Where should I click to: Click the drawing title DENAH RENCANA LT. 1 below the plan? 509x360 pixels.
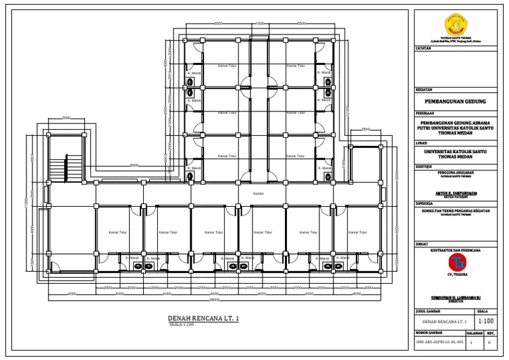(203, 319)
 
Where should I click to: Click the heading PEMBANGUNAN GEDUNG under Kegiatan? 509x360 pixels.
(455, 102)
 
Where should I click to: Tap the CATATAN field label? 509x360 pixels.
(424, 48)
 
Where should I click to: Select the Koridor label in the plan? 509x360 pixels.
(258, 194)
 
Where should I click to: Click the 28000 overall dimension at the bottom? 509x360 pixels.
(214, 300)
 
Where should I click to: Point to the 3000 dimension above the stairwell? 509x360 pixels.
(66, 118)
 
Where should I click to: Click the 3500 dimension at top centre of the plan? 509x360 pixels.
(259, 24)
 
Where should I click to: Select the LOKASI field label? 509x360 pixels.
(422, 143)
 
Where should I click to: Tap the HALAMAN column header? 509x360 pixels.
(474, 333)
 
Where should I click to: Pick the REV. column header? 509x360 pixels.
(490, 333)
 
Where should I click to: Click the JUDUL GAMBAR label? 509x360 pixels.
(428, 310)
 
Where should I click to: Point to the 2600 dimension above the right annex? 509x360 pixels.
(365, 129)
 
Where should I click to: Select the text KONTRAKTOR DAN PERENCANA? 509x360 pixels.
(455, 250)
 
